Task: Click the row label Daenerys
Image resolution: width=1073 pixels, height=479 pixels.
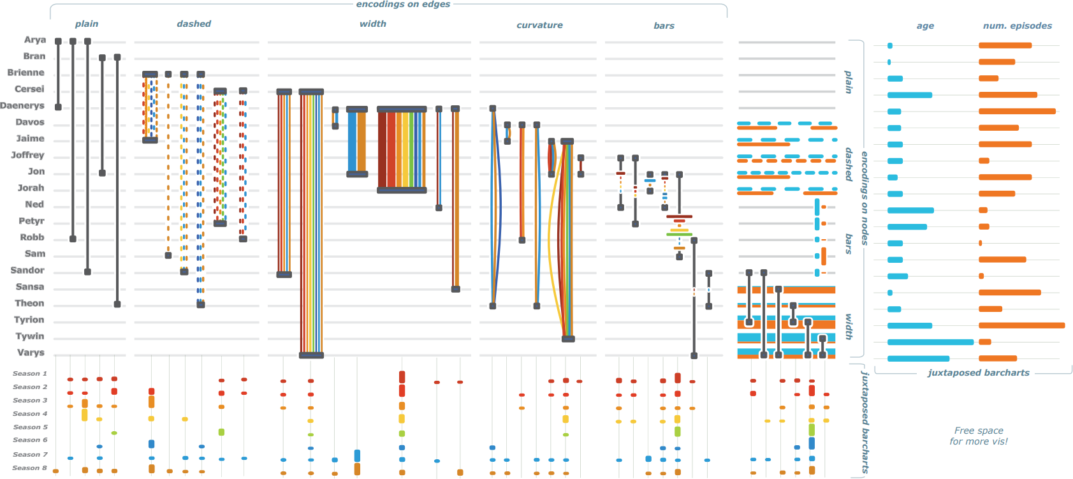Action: pyautogui.click(x=22, y=106)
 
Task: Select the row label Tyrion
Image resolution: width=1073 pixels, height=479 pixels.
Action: pyautogui.click(x=29, y=320)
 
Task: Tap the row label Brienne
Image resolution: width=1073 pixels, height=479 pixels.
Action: pyautogui.click(x=26, y=73)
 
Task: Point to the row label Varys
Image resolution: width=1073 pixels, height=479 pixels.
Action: pyautogui.click(x=31, y=353)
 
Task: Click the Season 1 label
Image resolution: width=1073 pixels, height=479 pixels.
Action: pyautogui.click(x=30, y=374)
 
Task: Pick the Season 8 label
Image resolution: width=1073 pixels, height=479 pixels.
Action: pyautogui.click(x=30, y=468)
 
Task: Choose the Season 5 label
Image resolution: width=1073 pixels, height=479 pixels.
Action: pyautogui.click(x=30, y=427)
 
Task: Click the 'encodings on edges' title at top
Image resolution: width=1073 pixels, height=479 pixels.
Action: pyautogui.click(x=403, y=4)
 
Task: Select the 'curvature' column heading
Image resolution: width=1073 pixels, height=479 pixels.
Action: pyautogui.click(x=539, y=26)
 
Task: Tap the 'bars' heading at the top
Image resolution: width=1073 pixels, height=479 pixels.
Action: pyautogui.click(x=664, y=26)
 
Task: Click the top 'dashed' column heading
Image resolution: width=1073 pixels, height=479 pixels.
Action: pyautogui.click(x=194, y=24)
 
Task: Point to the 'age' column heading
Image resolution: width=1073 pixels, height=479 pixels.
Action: pyautogui.click(x=925, y=26)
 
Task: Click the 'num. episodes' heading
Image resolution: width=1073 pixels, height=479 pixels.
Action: pyautogui.click(x=1017, y=26)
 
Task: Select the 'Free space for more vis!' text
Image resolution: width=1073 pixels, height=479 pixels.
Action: pyautogui.click(x=979, y=436)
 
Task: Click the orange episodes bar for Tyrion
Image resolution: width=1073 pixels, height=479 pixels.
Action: pyautogui.click(x=1021, y=326)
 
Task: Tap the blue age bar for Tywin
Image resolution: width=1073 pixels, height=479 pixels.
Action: pyautogui.click(x=930, y=343)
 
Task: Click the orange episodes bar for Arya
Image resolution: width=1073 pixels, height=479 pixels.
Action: pyautogui.click(x=1005, y=46)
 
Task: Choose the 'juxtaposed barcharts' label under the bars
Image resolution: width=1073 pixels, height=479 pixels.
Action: pyautogui.click(x=978, y=373)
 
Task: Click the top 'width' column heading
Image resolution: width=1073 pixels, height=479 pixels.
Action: pyautogui.click(x=373, y=24)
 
